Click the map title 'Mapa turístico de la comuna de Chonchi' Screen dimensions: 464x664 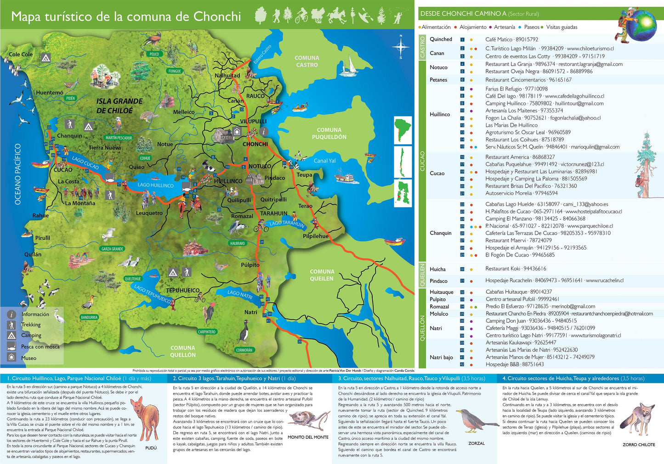[x=126, y=17]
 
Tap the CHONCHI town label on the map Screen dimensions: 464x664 [x=255, y=144]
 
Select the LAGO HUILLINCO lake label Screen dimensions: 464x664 [x=156, y=185]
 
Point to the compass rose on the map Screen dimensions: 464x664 [x=401, y=47]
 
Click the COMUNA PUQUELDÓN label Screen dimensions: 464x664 [x=329, y=134]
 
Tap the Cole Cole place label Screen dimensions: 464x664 [x=21, y=54]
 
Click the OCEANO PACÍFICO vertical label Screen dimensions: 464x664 [x=18, y=174]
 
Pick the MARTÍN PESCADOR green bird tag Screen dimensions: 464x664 [x=119, y=138]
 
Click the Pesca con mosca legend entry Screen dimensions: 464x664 [x=40, y=347]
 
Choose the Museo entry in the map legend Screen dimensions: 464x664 [x=28, y=358]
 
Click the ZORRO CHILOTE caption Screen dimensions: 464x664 [x=639, y=445]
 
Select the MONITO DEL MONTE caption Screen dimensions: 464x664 [x=308, y=437]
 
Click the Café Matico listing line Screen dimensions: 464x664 [x=511, y=39]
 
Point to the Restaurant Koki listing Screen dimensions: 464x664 [x=509, y=269]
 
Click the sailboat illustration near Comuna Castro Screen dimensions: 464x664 [x=350, y=65]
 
